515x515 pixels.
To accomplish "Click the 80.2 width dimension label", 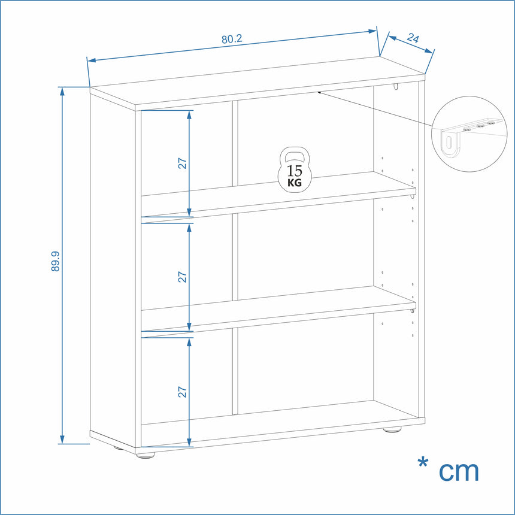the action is click(x=232, y=39).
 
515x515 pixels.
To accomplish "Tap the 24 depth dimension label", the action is click(x=413, y=38).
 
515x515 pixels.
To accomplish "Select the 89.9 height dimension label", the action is click(x=55, y=261).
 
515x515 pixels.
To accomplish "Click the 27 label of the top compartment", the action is click(x=182, y=163).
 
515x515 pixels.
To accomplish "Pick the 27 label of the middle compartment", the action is click(x=182, y=277).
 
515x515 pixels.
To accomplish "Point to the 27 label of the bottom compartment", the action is click(x=182, y=392).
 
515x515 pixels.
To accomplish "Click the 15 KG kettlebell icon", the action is click(x=294, y=169).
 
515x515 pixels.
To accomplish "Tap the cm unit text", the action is click(x=459, y=472).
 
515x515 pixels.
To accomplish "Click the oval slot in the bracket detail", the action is click(x=449, y=143).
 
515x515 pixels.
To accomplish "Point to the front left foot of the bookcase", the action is click(x=145, y=456).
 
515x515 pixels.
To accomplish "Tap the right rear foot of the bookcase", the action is click(x=392, y=429).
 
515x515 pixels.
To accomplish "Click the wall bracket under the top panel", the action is click(x=396, y=86).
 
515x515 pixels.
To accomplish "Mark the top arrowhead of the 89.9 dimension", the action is click(x=62, y=91).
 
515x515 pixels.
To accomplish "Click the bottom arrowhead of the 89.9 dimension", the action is click(x=62, y=440).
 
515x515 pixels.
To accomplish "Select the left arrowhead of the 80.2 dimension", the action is click(x=92, y=60).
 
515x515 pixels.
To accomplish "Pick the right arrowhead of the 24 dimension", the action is click(x=429, y=50).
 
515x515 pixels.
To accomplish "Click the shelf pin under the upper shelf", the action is click(x=412, y=196).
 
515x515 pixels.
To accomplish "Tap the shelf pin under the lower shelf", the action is click(x=412, y=311).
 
